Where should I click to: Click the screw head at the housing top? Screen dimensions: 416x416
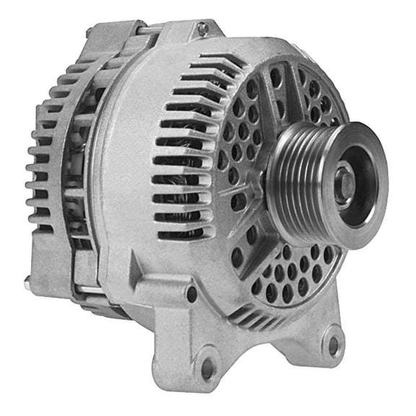(x=203, y=28)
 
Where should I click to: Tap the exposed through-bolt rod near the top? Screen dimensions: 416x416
(x=148, y=30)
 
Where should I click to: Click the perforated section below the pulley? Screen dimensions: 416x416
(x=289, y=278)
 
